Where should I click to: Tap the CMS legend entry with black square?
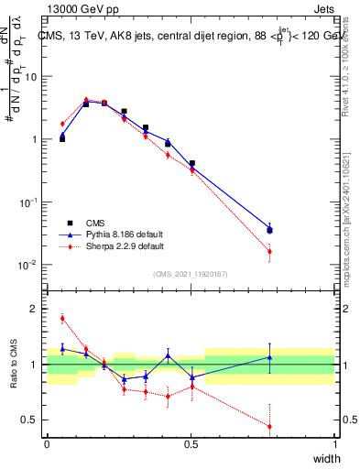click(x=97, y=223)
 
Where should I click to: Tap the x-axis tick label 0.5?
click(x=191, y=444)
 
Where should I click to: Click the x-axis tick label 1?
click(x=334, y=444)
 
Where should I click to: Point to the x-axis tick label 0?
click(x=47, y=444)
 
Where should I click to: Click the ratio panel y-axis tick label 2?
click(x=36, y=309)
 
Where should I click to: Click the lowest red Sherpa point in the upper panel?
click(x=269, y=251)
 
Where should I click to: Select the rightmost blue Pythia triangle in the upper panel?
click(x=269, y=228)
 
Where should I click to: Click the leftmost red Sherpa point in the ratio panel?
click(x=62, y=319)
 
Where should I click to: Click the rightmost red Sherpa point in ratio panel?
click(x=269, y=426)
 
